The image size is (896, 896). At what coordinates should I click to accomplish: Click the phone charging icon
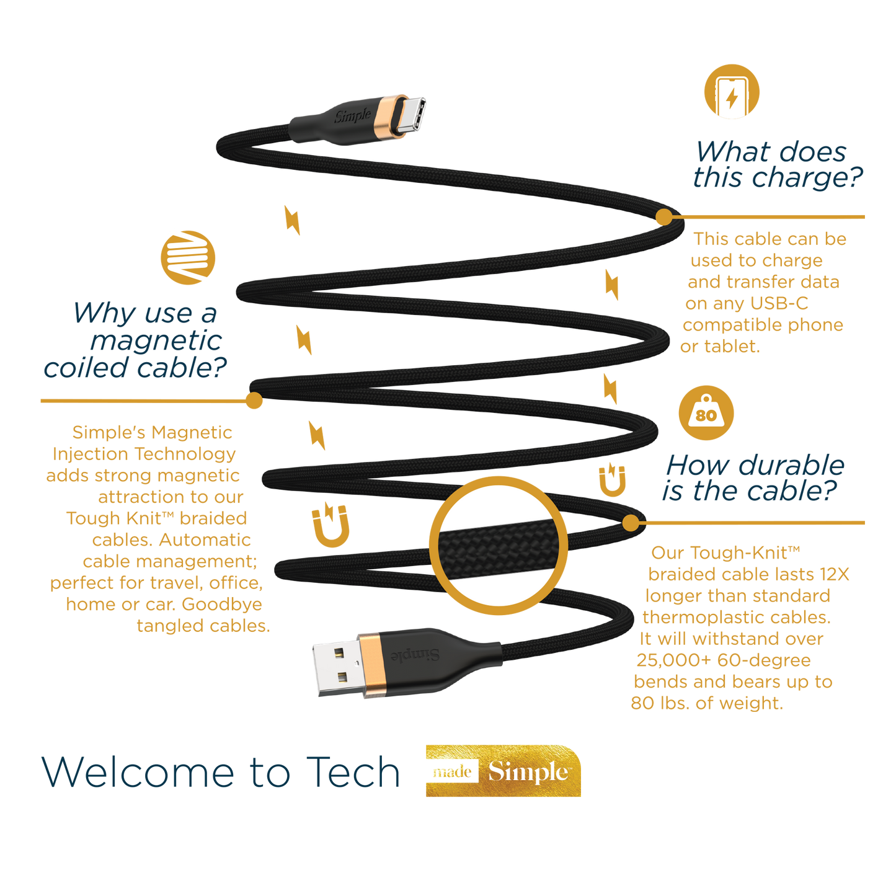pyautogui.click(x=732, y=91)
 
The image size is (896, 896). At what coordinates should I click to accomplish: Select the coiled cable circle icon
pyautogui.click(x=188, y=257)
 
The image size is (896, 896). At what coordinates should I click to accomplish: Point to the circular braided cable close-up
pyautogui.click(x=498, y=546)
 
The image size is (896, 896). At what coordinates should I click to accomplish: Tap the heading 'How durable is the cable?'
pyautogui.click(x=753, y=477)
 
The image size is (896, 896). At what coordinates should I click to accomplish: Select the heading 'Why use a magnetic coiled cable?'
pyautogui.click(x=140, y=340)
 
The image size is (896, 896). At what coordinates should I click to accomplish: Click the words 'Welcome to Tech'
pyautogui.click(x=221, y=773)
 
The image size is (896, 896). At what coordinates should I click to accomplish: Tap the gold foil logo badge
pyautogui.click(x=503, y=771)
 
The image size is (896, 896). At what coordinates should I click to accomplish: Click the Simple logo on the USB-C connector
pyautogui.click(x=353, y=116)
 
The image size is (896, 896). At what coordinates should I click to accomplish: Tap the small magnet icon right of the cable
pyautogui.click(x=612, y=479)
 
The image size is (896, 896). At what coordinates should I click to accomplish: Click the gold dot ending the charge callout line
pyautogui.click(x=663, y=217)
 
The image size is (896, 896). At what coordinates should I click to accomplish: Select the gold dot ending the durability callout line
pyautogui.click(x=630, y=523)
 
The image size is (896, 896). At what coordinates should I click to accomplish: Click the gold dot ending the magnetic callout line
pyautogui.click(x=254, y=401)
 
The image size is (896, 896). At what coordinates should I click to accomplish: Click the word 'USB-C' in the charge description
pyautogui.click(x=779, y=303)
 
